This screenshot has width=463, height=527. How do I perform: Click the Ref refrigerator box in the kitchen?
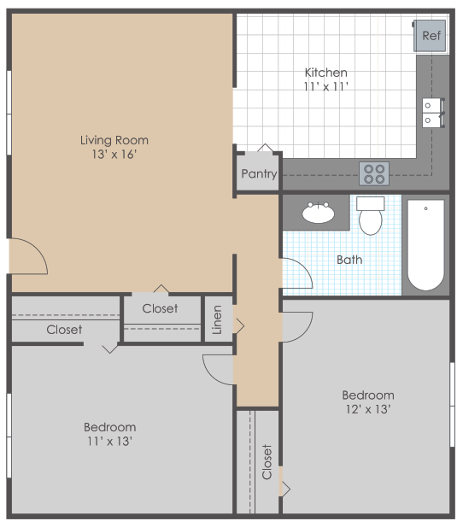[x=431, y=36]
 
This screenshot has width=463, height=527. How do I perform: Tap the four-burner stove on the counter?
[x=374, y=173]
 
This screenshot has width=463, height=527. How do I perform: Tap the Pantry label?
[x=258, y=174]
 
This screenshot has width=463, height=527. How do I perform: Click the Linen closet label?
[x=217, y=319]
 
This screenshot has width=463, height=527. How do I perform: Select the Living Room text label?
[x=114, y=140]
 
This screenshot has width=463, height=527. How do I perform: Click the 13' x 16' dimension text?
[x=114, y=155]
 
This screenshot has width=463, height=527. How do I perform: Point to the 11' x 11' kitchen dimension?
[x=325, y=87]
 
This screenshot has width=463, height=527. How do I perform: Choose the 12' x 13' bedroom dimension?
[x=368, y=410]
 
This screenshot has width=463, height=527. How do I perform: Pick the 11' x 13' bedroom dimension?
[x=109, y=442]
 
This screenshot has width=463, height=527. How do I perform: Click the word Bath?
[x=349, y=259]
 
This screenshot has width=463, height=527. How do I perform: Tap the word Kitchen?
[x=325, y=73]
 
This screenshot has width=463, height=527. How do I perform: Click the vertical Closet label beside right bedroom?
[x=267, y=461]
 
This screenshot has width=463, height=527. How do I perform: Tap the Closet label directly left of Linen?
[x=160, y=308]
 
